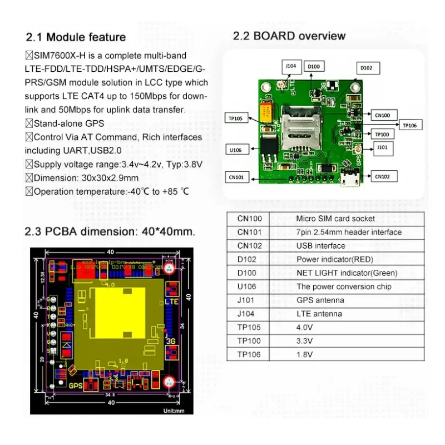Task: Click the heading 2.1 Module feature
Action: click(76, 37)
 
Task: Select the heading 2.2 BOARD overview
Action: click(289, 36)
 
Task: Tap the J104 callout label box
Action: click(291, 66)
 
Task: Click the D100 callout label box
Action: click(314, 67)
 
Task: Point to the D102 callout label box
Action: click(366, 68)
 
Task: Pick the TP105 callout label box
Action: click(236, 118)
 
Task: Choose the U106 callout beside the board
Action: click(236, 149)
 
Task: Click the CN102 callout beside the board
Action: click(382, 176)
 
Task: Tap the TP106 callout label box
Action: click(409, 126)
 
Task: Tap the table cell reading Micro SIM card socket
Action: click(335, 219)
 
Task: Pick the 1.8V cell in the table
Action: click(304, 354)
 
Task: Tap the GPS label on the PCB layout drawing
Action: click(75, 385)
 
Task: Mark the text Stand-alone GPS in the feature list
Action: click(68, 123)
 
